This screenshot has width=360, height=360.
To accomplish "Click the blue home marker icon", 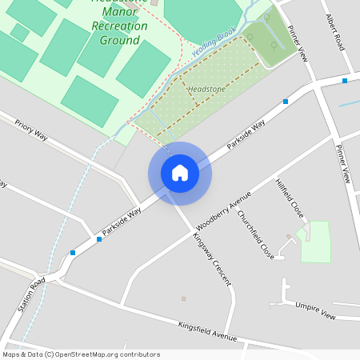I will [x=180, y=173].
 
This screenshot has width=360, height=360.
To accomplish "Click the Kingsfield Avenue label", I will [x=208, y=330].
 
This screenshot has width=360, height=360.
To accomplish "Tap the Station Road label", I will [x=32, y=296].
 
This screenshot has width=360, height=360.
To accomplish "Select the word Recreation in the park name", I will [x=120, y=26].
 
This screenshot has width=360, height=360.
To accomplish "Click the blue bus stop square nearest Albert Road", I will [x=344, y=80].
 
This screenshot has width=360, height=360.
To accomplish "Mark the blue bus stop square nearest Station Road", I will [x=73, y=253].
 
